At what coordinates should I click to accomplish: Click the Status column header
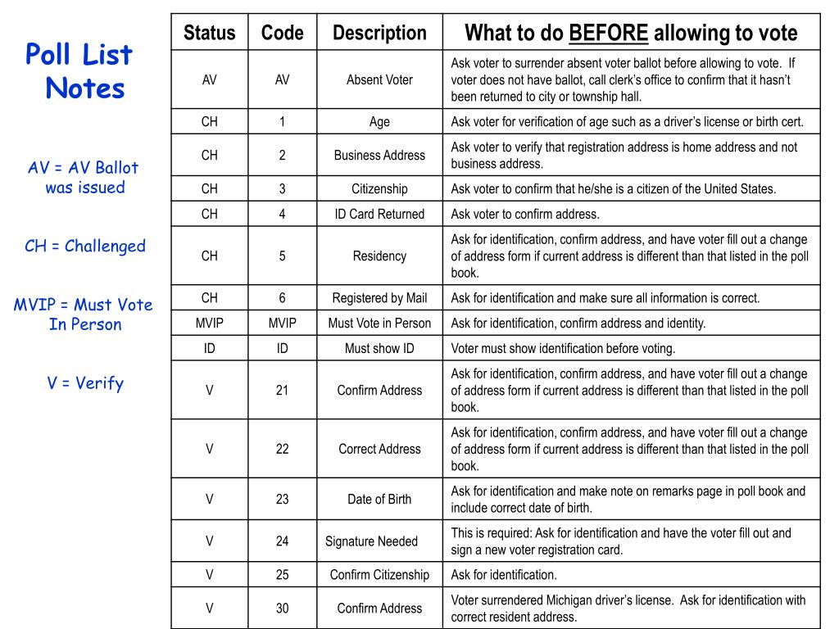click(x=209, y=34)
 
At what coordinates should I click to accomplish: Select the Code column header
click(x=282, y=34)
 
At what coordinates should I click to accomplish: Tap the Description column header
click(x=379, y=34)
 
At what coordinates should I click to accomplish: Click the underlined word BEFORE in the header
click(x=609, y=34)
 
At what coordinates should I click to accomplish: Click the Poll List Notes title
click(x=79, y=71)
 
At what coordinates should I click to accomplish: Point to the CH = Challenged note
click(x=85, y=246)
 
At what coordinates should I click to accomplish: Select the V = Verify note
click(x=85, y=382)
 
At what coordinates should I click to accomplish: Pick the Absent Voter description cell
click(x=379, y=79)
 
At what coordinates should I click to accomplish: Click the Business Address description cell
click(x=379, y=155)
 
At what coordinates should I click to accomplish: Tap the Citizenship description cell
click(x=379, y=188)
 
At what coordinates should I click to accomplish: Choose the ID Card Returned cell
click(x=379, y=214)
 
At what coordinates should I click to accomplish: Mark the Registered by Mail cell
click(x=379, y=298)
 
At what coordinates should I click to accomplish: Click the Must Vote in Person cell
click(x=379, y=323)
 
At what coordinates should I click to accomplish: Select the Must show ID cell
click(x=379, y=348)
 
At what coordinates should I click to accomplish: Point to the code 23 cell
click(x=282, y=499)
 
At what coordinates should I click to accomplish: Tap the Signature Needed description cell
click(x=371, y=541)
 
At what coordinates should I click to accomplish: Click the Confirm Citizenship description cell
click(x=379, y=574)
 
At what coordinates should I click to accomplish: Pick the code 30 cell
click(x=282, y=608)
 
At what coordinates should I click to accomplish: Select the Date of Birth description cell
click(x=379, y=499)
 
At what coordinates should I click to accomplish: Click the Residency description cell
click(x=379, y=256)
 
